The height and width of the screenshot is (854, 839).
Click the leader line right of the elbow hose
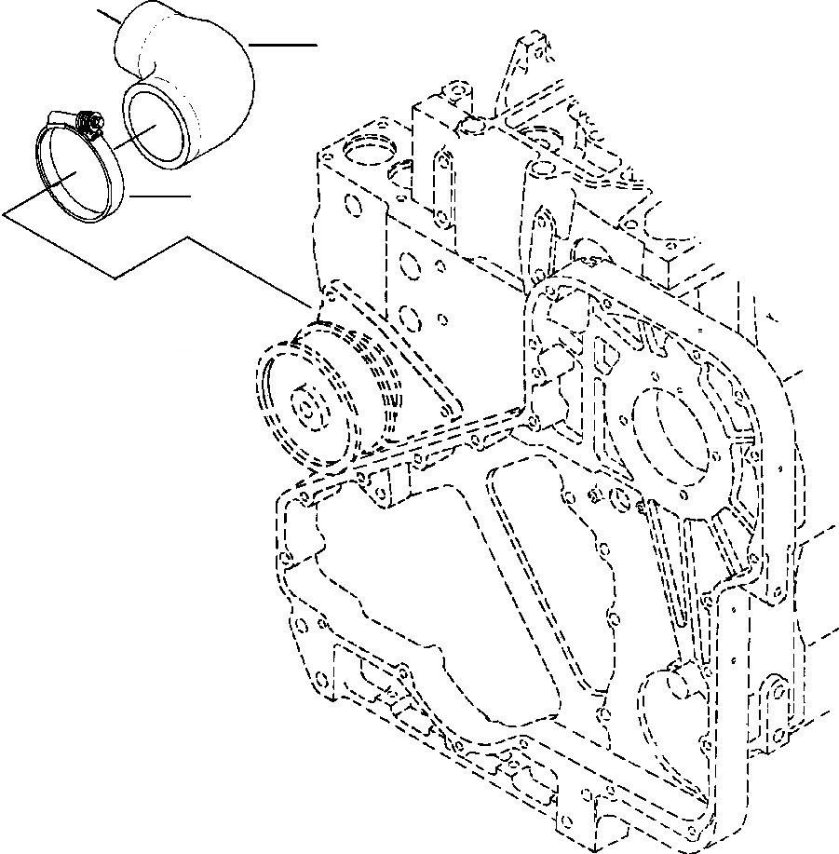pyautogui.click(x=284, y=45)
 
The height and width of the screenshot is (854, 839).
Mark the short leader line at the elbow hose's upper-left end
pyautogui.click(x=109, y=16)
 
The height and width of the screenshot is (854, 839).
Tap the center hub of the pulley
pyautogui.click(x=306, y=406)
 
